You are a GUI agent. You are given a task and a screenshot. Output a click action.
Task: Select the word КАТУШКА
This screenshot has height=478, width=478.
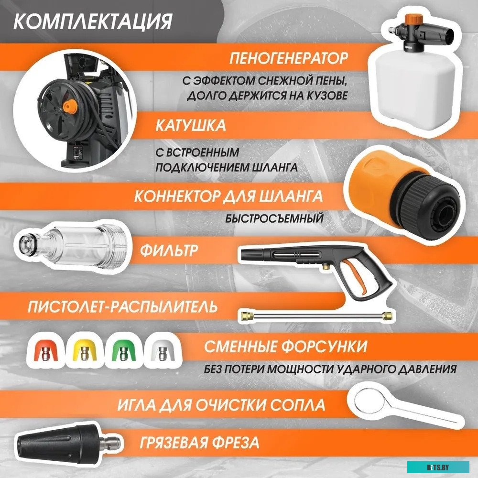190,126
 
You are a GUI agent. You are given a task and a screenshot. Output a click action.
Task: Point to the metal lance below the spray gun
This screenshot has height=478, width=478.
315,314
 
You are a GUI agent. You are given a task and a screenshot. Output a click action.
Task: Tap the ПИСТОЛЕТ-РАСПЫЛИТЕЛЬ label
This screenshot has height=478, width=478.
122,306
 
